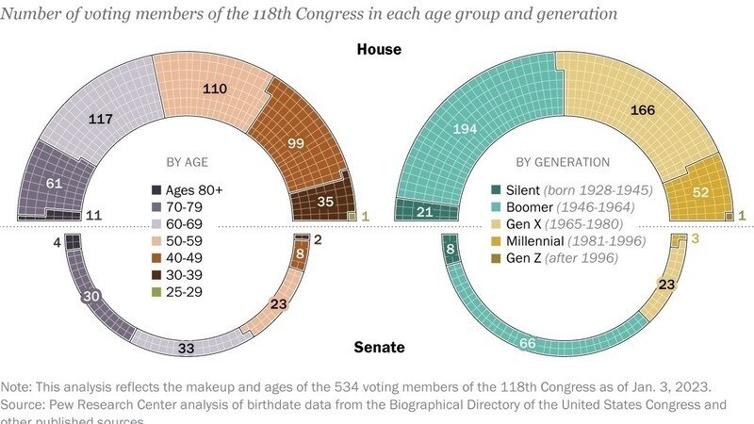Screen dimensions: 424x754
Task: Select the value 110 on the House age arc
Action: (x=218, y=88)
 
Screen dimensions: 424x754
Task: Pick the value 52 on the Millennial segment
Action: (x=701, y=192)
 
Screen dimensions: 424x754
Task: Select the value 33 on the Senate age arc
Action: (x=187, y=348)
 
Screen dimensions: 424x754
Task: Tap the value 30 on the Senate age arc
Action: (x=91, y=295)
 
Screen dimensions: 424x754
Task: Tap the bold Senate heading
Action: (x=379, y=348)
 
